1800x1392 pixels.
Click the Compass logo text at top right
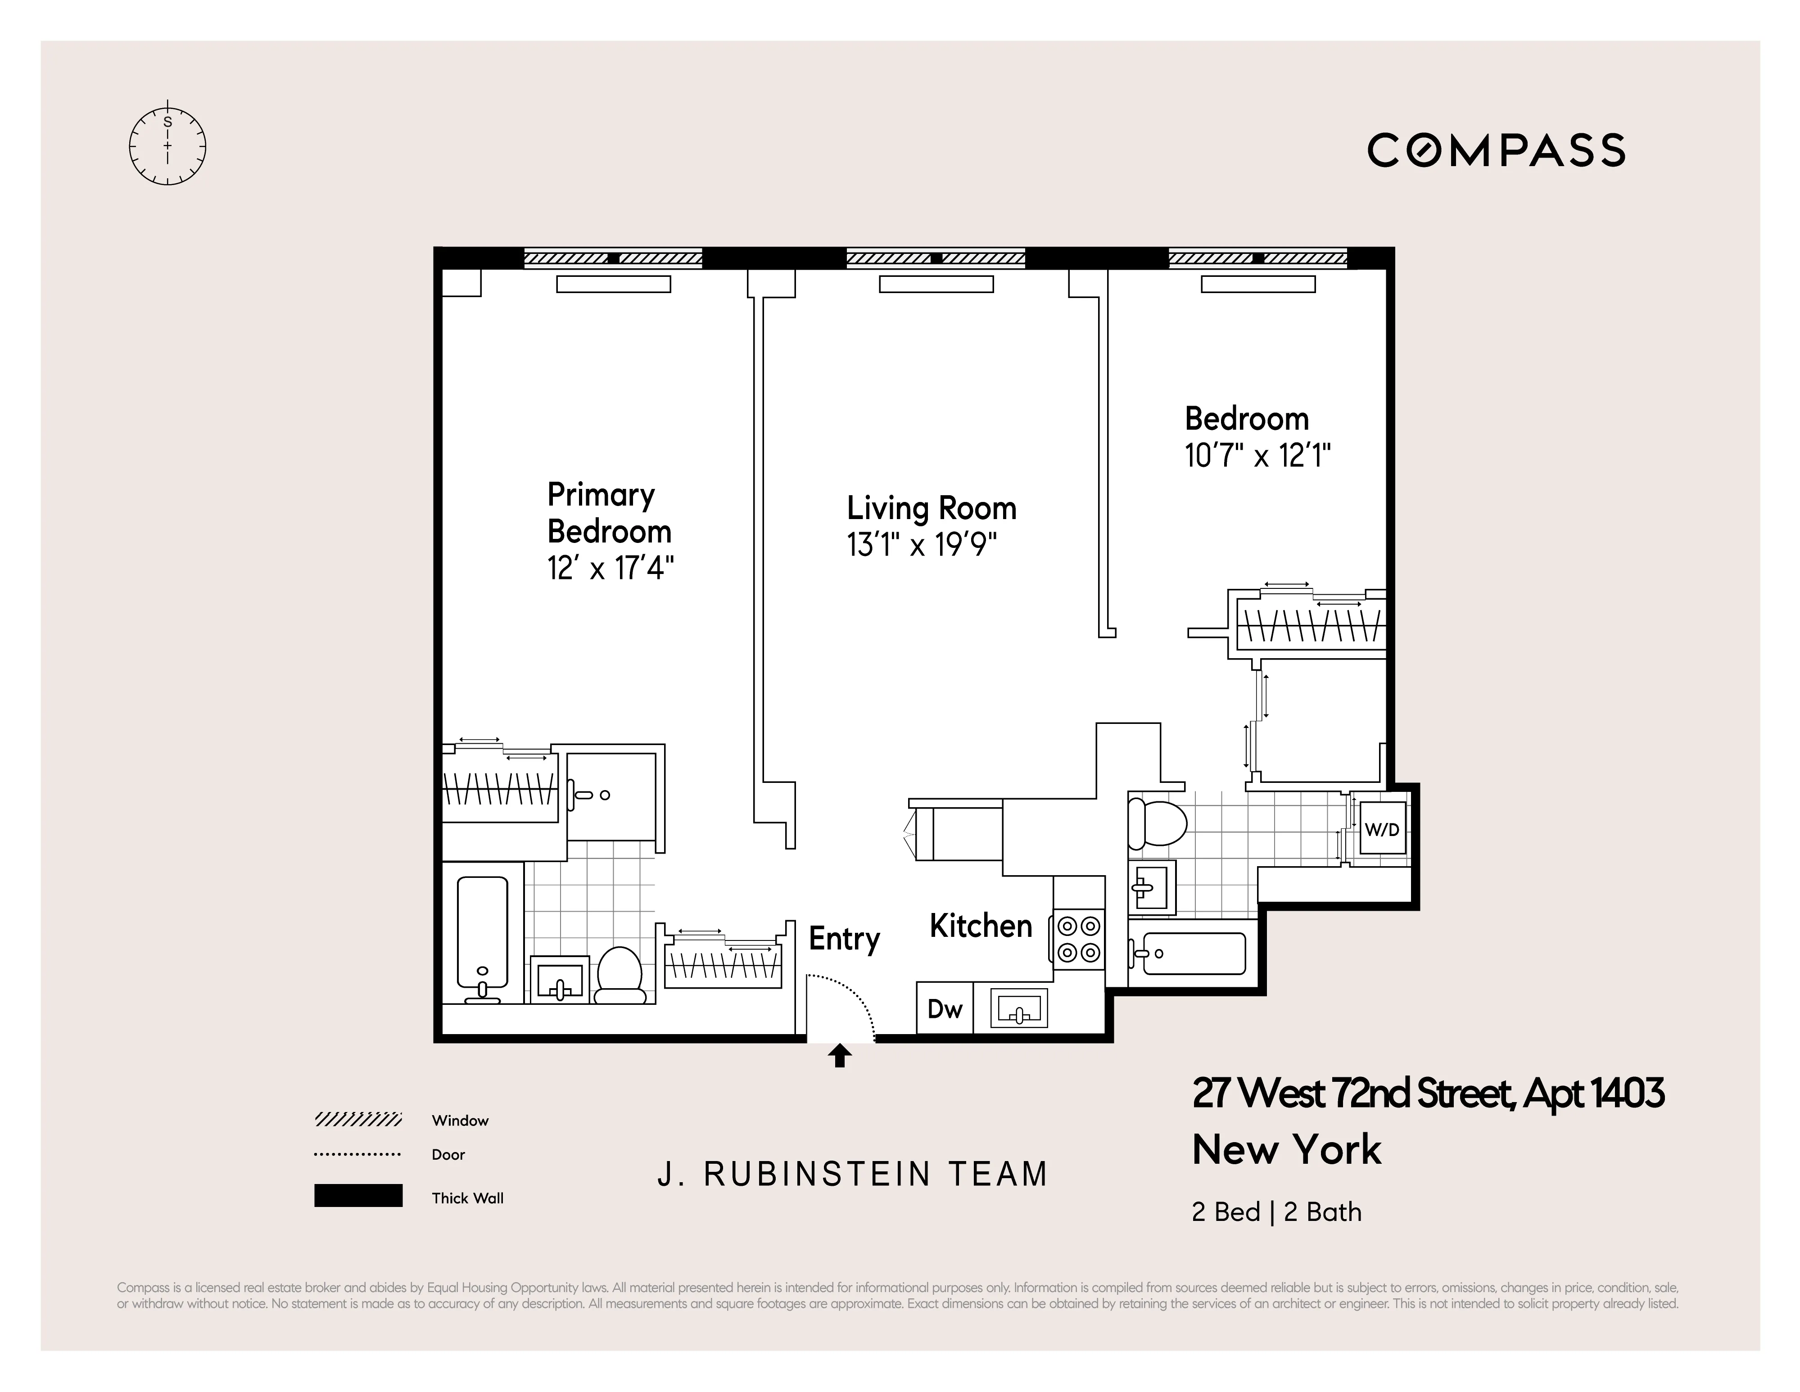[1496, 151]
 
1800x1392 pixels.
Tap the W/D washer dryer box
[1382, 829]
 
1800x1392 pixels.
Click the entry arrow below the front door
[840, 1056]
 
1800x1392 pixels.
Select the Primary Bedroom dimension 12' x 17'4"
[610, 568]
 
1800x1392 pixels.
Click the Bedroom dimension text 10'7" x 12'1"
[1257, 455]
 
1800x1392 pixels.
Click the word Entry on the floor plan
[844, 939]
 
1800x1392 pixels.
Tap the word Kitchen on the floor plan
[981, 926]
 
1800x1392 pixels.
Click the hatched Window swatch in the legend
[357, 1119]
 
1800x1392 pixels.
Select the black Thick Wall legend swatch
[357, 1196]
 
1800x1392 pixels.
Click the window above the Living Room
[936, 258]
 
